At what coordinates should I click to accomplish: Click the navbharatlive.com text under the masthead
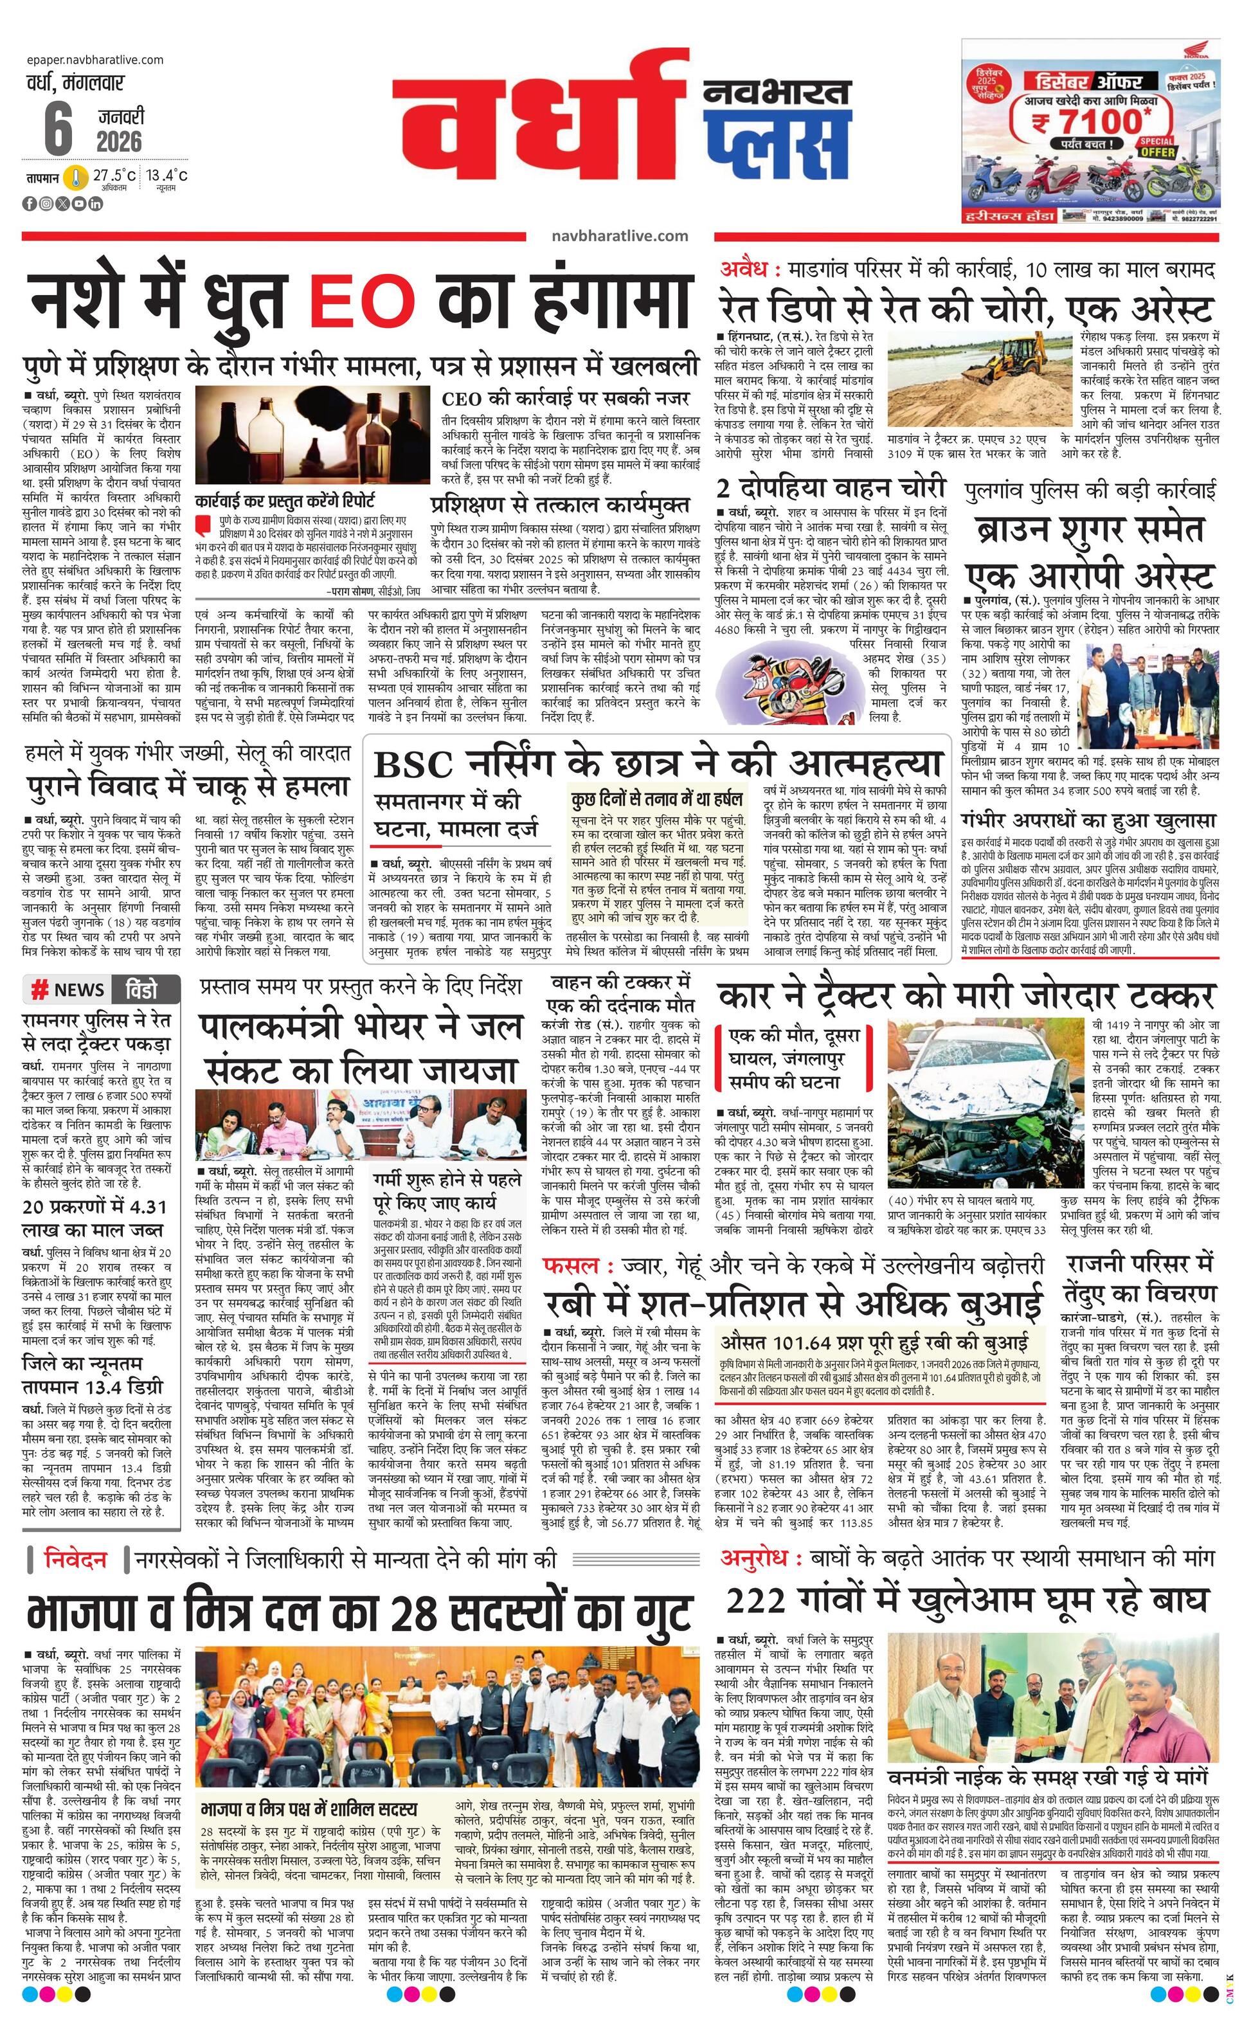(x=619, y=236)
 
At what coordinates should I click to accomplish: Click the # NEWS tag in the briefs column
(x=68, y=989)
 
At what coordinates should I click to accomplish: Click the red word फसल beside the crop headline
(x=571, y=1266)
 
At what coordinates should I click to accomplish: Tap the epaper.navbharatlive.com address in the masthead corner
(x=94, y=60)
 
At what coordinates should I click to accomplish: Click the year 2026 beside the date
(x=119, y=141)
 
